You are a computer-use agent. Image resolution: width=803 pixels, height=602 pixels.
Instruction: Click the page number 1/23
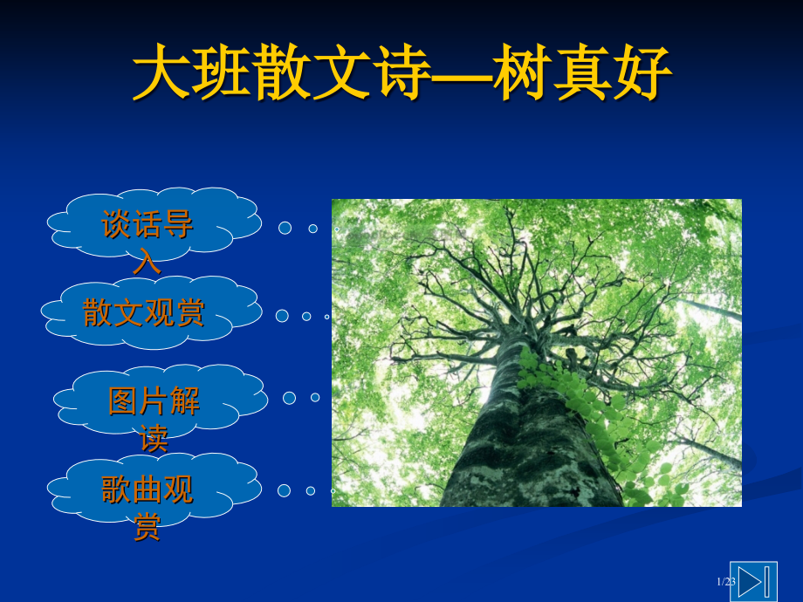726,582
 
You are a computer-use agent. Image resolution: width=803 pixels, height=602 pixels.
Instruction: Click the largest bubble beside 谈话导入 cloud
285,228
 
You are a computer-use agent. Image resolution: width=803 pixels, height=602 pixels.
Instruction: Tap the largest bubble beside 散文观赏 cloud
282,316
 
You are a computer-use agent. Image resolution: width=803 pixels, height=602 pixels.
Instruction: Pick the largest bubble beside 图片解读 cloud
289,398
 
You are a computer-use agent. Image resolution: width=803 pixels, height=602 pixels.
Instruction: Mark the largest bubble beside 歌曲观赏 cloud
284,490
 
